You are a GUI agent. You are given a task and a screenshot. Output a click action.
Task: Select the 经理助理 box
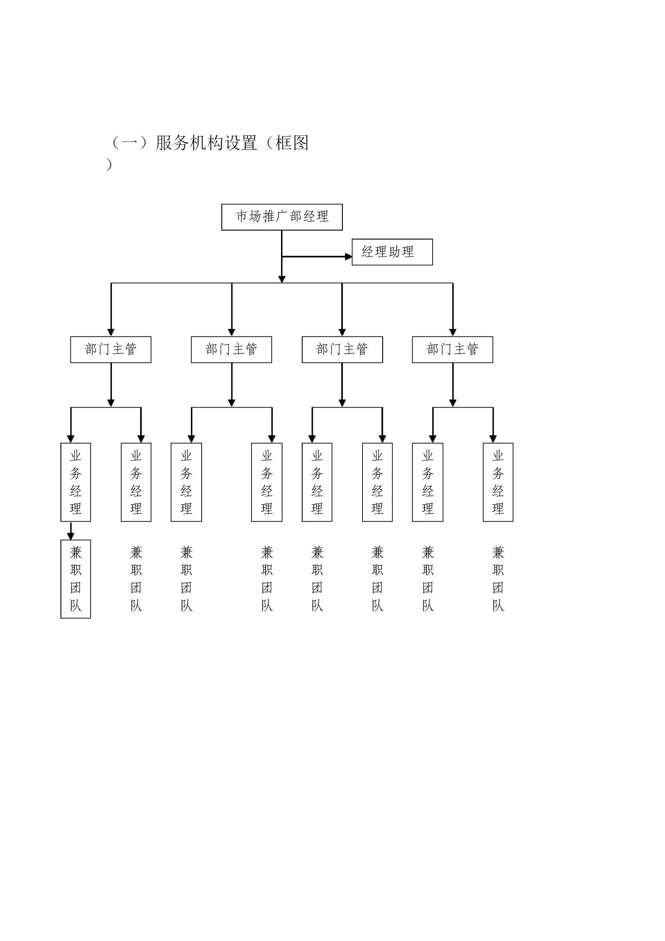(x=392, y=252)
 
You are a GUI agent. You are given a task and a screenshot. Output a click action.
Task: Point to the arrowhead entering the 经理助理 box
(x=349, y=257)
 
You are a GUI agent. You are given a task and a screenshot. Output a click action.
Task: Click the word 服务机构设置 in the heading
(x=206, y=143)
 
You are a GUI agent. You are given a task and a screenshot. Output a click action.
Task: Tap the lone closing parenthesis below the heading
(x=109, y=164)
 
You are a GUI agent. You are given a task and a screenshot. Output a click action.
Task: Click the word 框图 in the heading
(x=292, y=143)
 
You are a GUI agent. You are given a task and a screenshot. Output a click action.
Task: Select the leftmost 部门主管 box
(x=110, y=350)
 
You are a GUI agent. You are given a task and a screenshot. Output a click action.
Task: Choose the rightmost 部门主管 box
(x=452, y=350)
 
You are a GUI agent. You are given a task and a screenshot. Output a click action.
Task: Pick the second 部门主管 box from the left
(x=232, y=350)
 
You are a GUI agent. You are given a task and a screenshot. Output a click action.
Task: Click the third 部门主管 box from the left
(x=342, y=350)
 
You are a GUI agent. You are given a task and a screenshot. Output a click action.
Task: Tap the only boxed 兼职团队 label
(x=76, y=579)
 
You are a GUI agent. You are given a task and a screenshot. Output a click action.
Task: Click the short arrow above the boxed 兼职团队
(x=71, y=531)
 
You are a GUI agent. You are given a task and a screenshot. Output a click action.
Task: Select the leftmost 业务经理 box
(x=76, y=482)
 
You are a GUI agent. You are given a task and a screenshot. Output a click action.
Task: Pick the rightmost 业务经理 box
(x=498, y=482)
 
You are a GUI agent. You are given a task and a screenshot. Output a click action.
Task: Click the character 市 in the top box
(x=242, y=216)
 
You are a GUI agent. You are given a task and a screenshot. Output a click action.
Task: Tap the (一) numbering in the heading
(x=129, y=143)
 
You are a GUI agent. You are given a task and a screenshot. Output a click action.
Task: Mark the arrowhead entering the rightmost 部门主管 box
(x=453, y=332)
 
